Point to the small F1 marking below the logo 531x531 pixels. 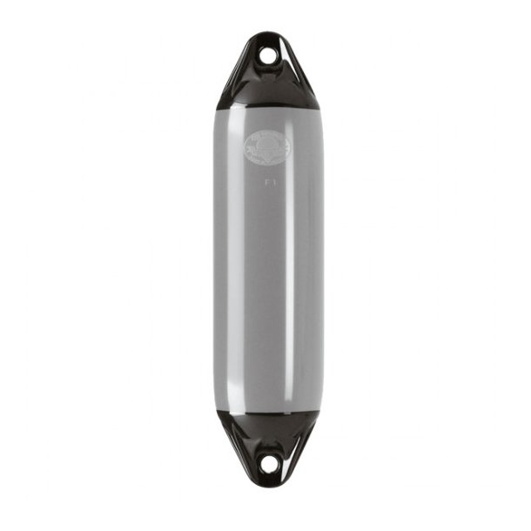click(269, 183)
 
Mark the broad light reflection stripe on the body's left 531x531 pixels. click(230, 261)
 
